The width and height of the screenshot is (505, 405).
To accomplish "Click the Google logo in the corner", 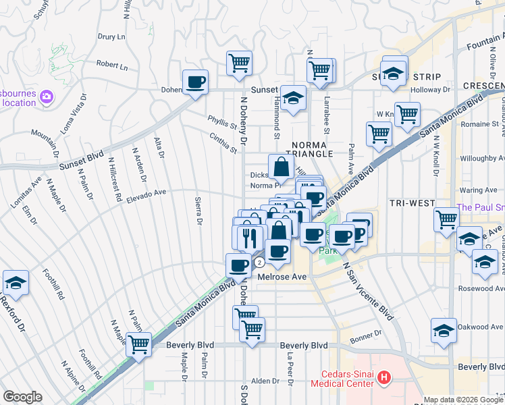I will [x=22, y=397].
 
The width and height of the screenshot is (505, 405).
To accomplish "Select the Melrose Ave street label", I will [x=282, y=276].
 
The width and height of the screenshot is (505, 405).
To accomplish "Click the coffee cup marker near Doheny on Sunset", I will [x=196, y=82].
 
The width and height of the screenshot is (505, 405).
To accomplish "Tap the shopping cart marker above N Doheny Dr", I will [x=239, y=63].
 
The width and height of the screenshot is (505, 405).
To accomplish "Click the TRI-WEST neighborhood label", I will [x=407, y=202].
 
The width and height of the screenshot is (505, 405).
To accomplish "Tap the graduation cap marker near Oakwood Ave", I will [x=444, y=331].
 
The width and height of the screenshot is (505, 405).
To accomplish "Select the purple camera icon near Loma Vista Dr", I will [x=47, y=97].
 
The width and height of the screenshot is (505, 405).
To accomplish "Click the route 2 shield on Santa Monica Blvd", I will [x=259, y=263].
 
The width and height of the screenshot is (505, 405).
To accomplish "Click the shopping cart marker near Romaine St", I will [x=407, y=115].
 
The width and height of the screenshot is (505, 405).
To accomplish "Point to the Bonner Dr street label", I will [x=367, y=333].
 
